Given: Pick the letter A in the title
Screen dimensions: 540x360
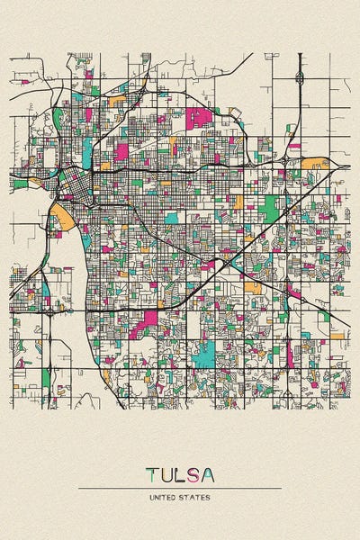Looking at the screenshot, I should tap(209, 474).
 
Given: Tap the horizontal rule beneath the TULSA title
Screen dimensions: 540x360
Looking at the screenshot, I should tap(180, 488).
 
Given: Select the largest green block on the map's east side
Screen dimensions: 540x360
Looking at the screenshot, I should tap(268, 206).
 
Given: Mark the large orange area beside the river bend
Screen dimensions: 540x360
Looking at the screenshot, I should tap(63, 216).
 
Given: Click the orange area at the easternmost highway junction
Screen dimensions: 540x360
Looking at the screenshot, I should tap(317, 164).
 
